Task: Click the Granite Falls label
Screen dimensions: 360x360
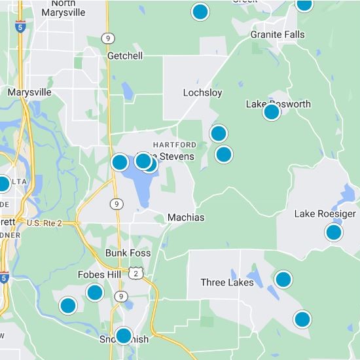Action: (x=276, y=35)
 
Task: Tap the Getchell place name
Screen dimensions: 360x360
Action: (x=125, y=56)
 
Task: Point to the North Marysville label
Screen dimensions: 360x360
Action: (x=63, y=7)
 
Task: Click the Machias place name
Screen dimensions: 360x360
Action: (x=186, y=217)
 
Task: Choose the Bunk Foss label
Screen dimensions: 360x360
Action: (x=128, y=253)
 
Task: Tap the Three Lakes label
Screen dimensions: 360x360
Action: (x=227, y=283)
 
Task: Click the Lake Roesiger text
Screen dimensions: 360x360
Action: (x=325, y=214)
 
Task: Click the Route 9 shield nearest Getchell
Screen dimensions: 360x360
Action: (x=107, y=39)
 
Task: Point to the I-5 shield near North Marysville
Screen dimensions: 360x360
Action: (x=22, y=27)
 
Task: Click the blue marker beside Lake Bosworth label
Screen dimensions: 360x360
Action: (x=272, y=112)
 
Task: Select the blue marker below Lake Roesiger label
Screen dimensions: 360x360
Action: (x=334, y=232)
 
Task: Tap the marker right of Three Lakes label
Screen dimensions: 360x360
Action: (x=283, y=279)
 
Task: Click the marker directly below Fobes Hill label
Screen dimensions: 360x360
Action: (x=95, y=293)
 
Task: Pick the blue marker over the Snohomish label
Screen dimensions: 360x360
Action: (x=123, y=336)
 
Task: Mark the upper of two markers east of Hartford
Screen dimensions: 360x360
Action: (x=218, y=134)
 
